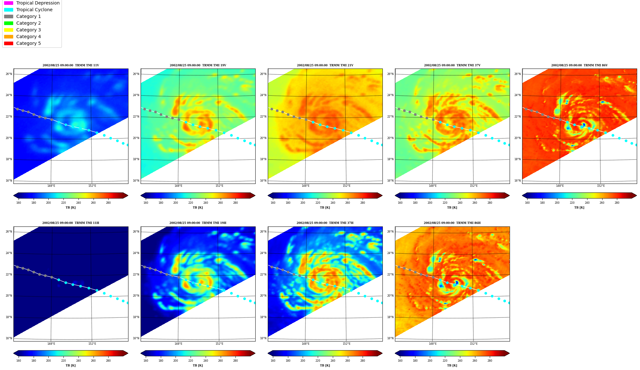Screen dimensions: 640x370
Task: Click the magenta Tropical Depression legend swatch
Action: pos(9,3)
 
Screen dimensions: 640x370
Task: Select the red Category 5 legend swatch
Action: pos(9,43)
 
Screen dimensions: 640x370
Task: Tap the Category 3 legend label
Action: pos(29,30)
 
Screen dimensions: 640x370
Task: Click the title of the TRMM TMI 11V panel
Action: pos(71,65)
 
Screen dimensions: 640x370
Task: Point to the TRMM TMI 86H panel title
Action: pos(452,223)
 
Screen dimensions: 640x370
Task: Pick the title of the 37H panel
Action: pos(325,223)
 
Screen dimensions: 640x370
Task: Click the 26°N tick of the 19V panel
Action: pos(136,74)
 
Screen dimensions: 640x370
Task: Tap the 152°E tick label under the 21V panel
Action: pos(346,186)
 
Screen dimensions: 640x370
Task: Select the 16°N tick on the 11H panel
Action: pos(9,338)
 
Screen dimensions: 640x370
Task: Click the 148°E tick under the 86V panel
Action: pos(560,186)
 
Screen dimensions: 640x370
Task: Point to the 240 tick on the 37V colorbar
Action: pos(460,202)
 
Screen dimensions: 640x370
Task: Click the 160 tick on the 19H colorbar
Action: pos(146,361)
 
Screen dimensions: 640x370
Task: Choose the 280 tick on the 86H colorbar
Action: pos(490,361)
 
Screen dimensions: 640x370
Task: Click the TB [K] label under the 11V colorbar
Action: pos(70,208)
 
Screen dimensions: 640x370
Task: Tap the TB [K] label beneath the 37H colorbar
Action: pos(325,366)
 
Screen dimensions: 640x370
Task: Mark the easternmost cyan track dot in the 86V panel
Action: pos(636,145)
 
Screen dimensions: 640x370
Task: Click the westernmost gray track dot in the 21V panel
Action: pos(272,109)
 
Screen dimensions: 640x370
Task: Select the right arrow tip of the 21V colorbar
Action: pos(382,195)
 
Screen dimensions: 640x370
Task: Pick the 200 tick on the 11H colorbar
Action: pos(48,361)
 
